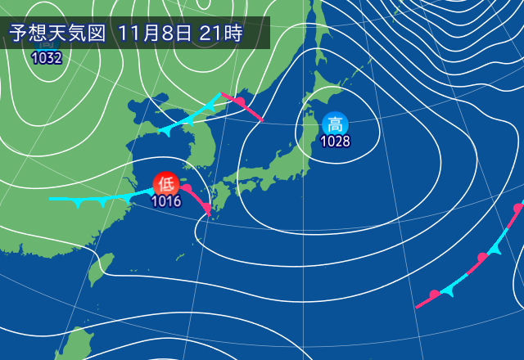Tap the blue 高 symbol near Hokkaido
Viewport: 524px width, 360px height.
pos(335,124)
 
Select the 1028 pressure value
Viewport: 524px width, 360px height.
pos(335,142)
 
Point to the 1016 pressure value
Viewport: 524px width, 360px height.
pos(166,200)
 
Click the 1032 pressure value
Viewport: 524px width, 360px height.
pos(45,57)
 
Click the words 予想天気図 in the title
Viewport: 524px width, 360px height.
pos(57,34)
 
